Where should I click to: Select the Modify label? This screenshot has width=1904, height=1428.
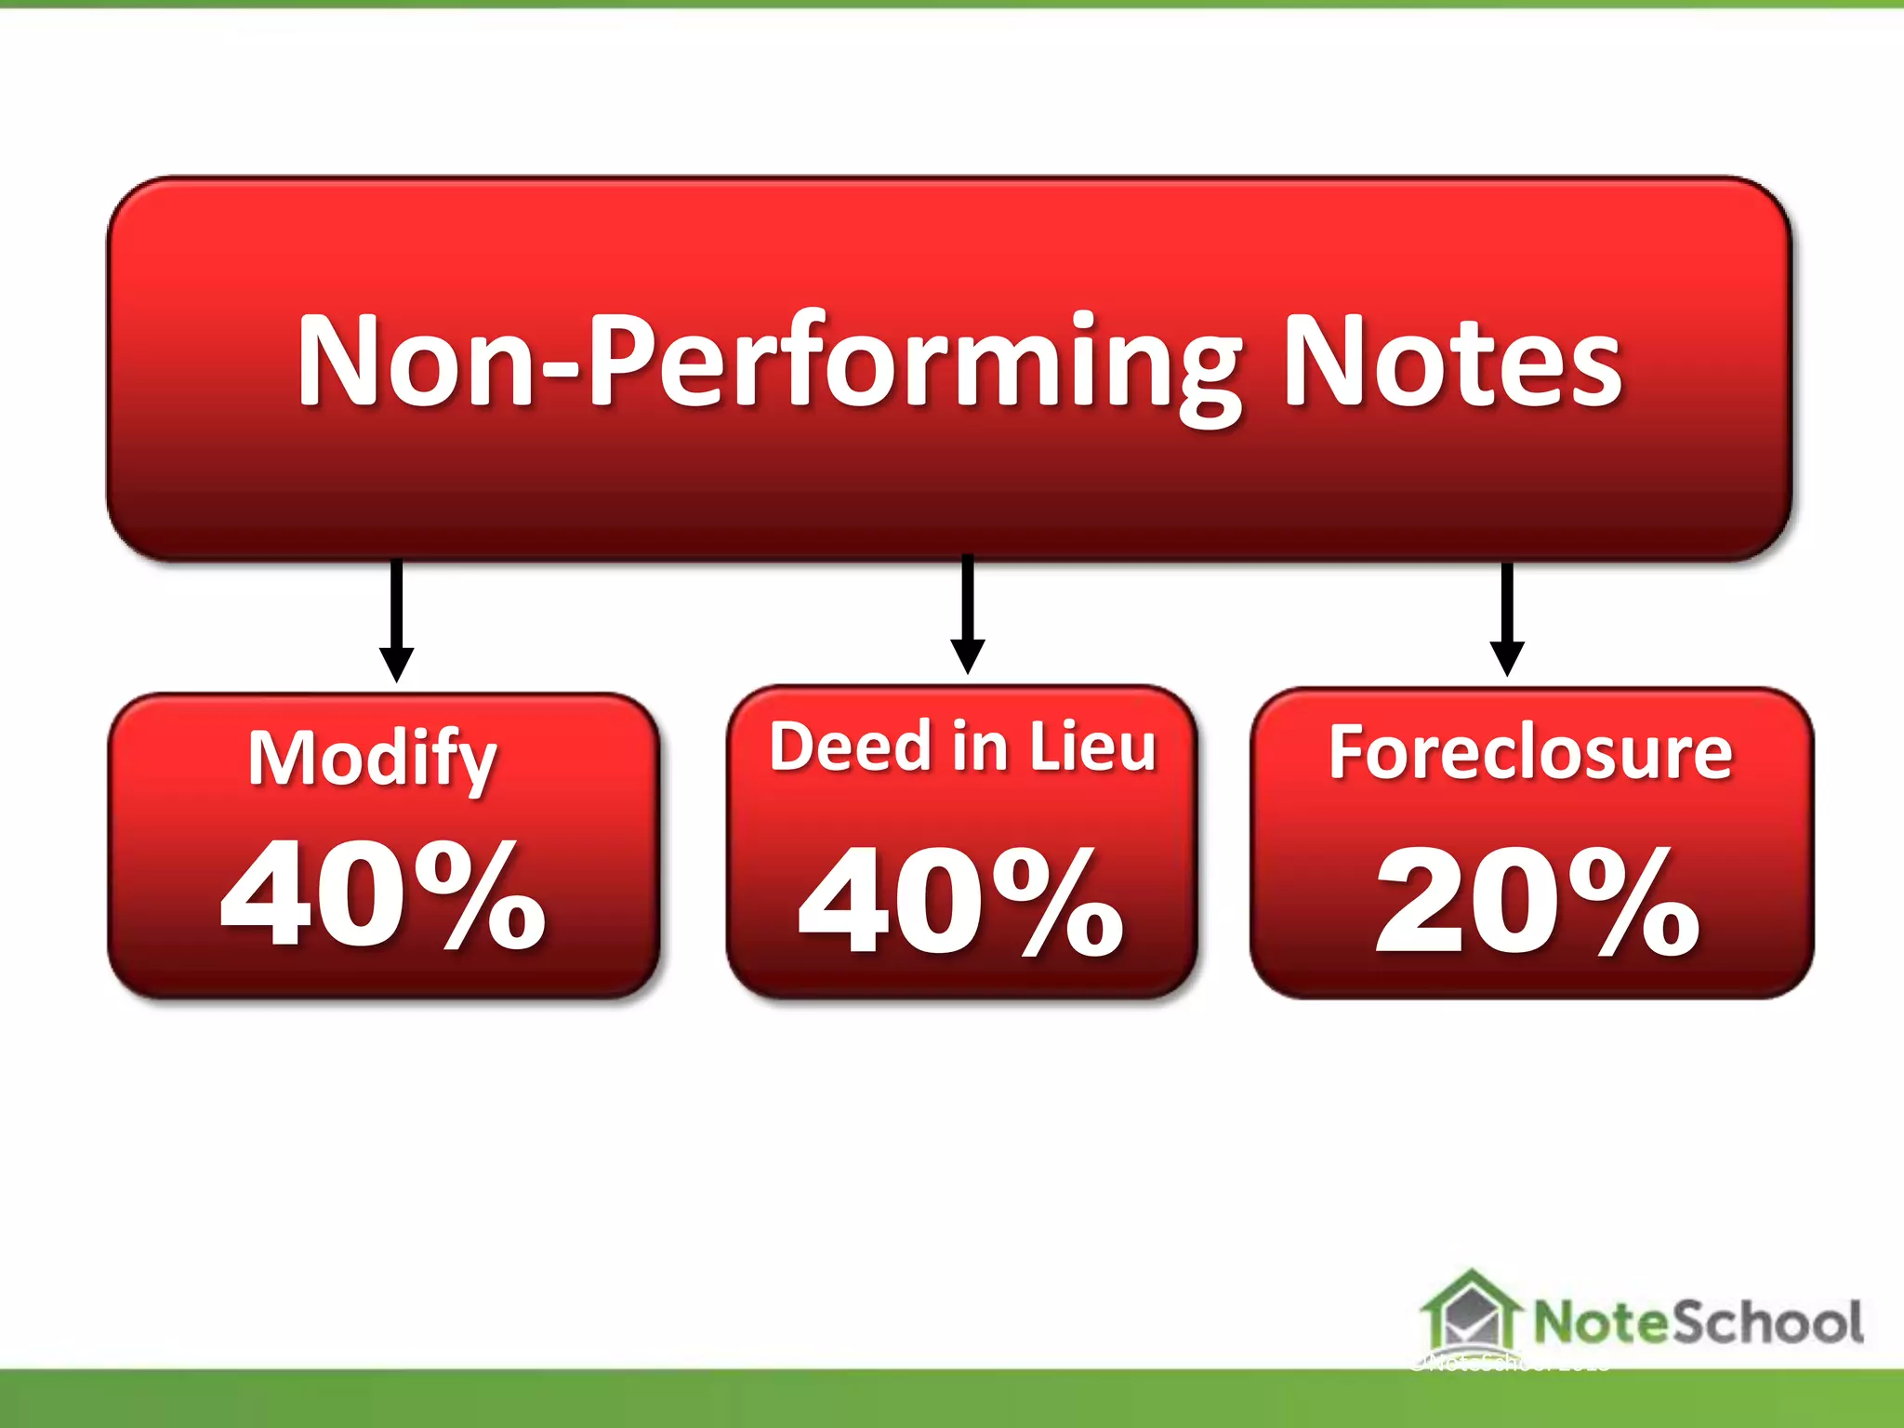[x=372, y=759]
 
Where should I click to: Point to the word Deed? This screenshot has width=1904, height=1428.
[x=850, y=747]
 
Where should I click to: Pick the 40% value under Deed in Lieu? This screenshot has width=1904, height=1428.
[x=960, y=902]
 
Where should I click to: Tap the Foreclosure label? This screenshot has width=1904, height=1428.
[x=1530, y=752]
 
